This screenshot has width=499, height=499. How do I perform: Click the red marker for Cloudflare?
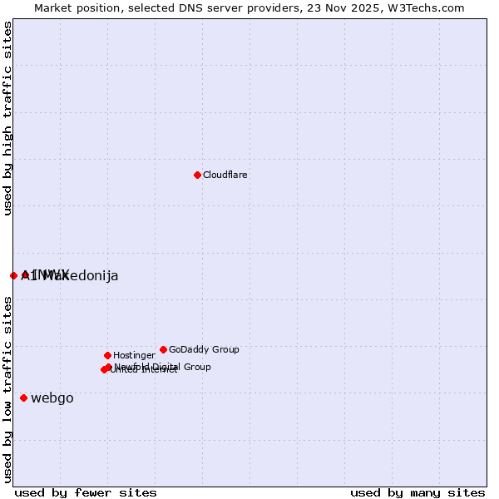(197, 175)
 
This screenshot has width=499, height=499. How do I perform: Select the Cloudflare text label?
(225, 175)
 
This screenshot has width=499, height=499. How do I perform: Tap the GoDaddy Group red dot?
(163, 349)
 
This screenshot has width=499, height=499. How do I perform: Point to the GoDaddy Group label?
(204, 350)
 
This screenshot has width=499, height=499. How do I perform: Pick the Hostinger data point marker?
(107, 355)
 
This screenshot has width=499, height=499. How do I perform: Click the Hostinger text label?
(134, 356)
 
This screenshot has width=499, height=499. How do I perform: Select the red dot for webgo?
(23, 398)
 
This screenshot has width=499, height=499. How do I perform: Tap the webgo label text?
(52, 398)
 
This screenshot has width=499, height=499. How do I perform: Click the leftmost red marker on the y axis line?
(13, 275)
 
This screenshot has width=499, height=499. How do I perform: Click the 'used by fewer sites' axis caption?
(86, 492)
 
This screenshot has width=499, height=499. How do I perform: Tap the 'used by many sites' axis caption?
(417, 492)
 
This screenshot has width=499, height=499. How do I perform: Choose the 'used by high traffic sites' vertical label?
(8, 118)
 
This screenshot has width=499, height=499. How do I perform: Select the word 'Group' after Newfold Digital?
(196, 367)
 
